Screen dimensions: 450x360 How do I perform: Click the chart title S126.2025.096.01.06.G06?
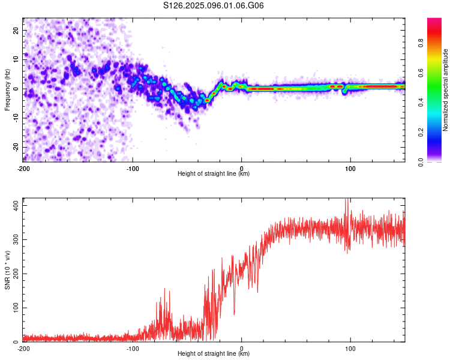213,5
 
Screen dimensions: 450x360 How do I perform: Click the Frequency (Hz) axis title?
7,90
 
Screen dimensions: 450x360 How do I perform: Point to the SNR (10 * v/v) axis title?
7,270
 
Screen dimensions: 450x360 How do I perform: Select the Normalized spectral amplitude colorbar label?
445,90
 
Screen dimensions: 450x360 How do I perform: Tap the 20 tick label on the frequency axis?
16,31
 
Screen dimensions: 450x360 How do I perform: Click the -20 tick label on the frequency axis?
16,147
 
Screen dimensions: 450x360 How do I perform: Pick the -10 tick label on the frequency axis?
16,118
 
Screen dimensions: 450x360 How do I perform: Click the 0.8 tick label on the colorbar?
421,43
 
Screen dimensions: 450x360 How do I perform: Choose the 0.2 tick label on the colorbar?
421,133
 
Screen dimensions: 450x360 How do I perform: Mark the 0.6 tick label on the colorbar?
421,73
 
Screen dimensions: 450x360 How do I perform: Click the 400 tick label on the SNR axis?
16,206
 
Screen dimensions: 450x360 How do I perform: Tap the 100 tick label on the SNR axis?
16,308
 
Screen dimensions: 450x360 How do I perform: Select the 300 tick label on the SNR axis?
16,240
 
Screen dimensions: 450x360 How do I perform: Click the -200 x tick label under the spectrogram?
23,169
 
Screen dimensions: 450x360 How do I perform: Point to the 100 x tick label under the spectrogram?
350,169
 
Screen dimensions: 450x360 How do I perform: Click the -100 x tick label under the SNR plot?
133,349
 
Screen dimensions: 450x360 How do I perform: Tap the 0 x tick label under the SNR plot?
241,349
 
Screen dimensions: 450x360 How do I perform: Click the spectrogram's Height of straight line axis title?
214,173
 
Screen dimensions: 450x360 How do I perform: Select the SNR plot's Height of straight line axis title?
214,353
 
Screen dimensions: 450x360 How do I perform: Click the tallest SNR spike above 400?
347,199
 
